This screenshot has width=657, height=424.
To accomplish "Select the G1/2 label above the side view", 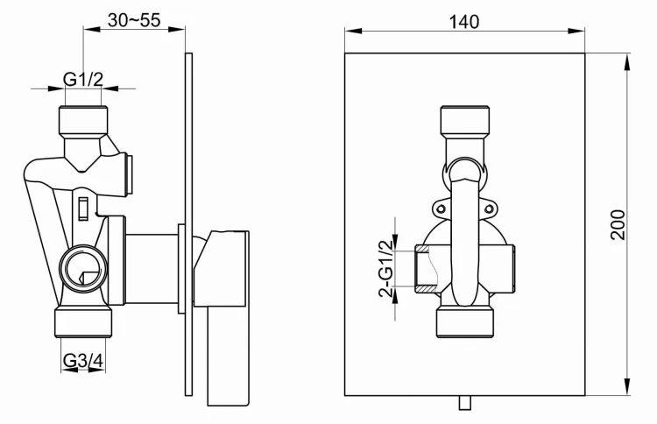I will [83, 80].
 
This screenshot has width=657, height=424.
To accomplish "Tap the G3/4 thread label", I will [83, 359].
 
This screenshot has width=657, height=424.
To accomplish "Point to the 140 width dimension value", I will [464, 22].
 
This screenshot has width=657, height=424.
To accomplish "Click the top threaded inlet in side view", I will [83, 119].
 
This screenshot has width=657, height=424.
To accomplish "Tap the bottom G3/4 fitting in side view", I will [84, 322].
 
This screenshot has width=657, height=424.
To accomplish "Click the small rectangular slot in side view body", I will [83, 208].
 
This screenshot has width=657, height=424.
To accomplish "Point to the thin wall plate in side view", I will [188, 219].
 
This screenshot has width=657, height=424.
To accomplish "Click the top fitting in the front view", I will [463, 121].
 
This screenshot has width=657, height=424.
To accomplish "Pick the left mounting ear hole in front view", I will [441, 208].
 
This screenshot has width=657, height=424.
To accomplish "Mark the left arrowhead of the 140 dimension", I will [349, 32].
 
